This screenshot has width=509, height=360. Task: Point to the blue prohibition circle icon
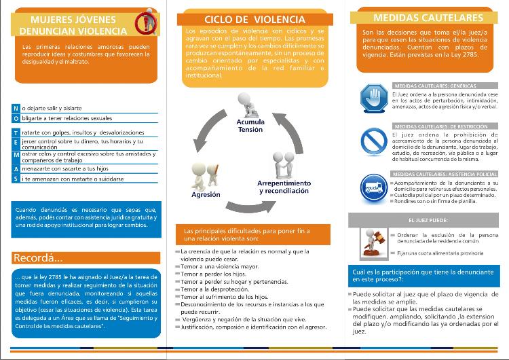(373, 139)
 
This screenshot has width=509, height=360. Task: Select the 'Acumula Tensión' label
(250, 125)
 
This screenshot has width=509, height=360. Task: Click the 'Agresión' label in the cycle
(206, 194)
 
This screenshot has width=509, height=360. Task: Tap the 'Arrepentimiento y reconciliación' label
(284, 187)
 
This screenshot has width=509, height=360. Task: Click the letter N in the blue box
(16, 108)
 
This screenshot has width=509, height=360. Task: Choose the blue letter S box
(16, 179)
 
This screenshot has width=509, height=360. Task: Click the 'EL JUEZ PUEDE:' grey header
(428, 221)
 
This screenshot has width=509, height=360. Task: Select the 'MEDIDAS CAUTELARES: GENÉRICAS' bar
(434, 86)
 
